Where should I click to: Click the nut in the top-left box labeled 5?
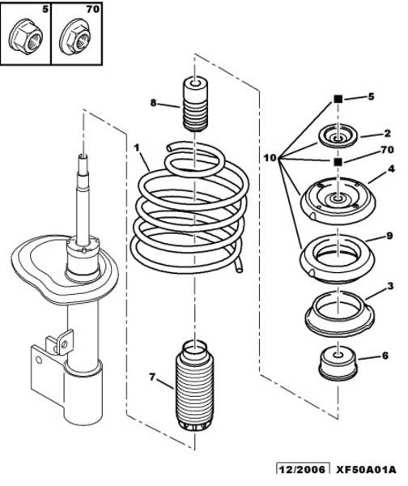coord(25,37)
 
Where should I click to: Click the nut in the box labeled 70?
coord(75,37)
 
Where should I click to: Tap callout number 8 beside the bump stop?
coord(153,102)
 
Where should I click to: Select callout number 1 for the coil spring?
coord(137,147)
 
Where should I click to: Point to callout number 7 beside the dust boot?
coord(152,377)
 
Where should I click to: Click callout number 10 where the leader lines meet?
coord(270,158)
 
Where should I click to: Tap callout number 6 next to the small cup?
coord(385,356)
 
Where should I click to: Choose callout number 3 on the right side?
coord(390,286)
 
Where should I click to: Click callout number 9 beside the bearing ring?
coord(389,236)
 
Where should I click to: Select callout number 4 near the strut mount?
coord(391,169)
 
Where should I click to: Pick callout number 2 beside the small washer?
coord(387,134)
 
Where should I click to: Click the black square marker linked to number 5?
coord(338,99)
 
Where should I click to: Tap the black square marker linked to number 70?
coord(338,162)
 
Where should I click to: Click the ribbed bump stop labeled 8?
coord(195,104)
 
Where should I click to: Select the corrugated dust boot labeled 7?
coord(194,386)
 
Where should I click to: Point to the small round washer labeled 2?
coord(338,136)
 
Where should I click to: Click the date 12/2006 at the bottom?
coord(303,469)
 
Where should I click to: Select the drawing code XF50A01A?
coord(366,469)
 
